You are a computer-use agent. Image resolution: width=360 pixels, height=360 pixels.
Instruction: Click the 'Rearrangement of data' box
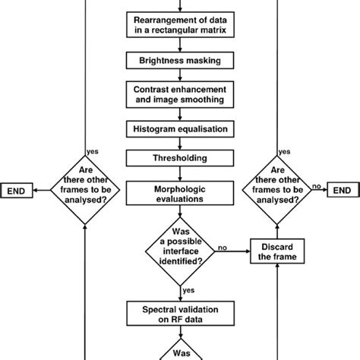point(180,24)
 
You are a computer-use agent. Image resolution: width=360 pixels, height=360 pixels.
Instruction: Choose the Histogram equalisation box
point(180,129)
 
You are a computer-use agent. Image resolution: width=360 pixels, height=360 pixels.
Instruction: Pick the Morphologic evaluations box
point(180,191)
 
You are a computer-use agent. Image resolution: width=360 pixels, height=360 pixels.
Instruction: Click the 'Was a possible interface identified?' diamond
point(180,251)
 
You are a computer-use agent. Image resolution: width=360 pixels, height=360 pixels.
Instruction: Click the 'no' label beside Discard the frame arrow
point(223,246)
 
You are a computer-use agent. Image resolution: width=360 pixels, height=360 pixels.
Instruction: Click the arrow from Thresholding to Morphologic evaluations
point(180,173)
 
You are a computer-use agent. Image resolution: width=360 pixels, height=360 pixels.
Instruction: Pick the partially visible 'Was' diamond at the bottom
point(180,351)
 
